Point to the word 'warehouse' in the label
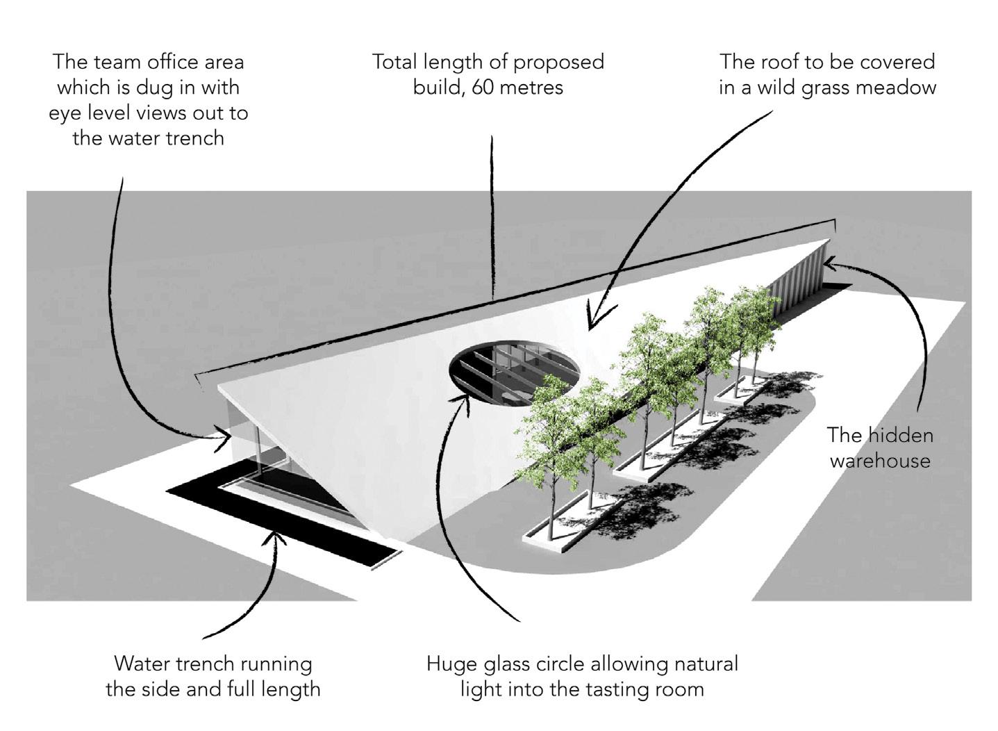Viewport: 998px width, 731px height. point(880,461)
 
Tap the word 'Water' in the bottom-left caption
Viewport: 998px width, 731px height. point(142,664)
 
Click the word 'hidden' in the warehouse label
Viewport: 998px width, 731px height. point(900,435)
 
